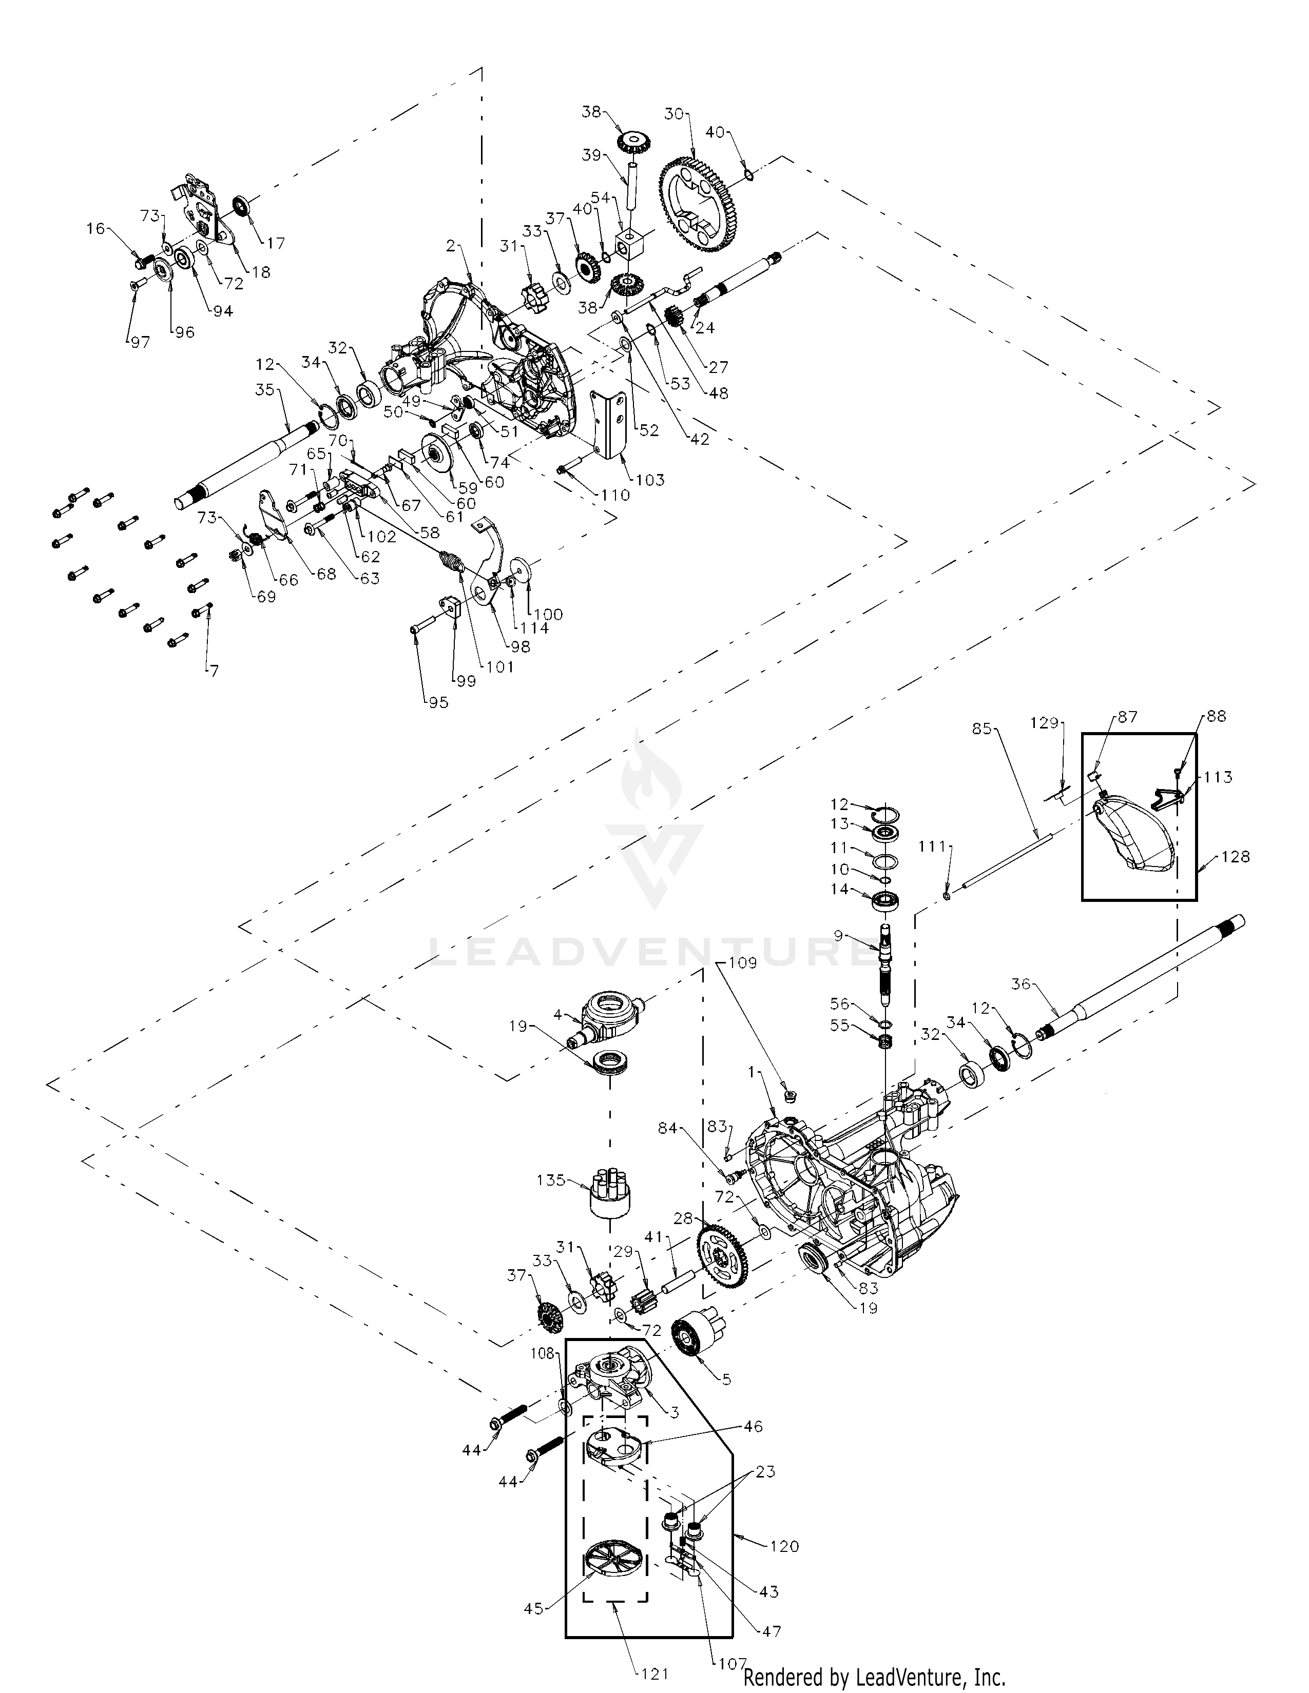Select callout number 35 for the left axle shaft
click(x=265, y=390)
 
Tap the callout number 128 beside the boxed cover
click(x=1235, y=857)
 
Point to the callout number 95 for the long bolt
click(x=438, y=702)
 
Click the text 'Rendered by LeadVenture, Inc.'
click(x=874, y=1678)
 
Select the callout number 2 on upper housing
click(x=451, y=246)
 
